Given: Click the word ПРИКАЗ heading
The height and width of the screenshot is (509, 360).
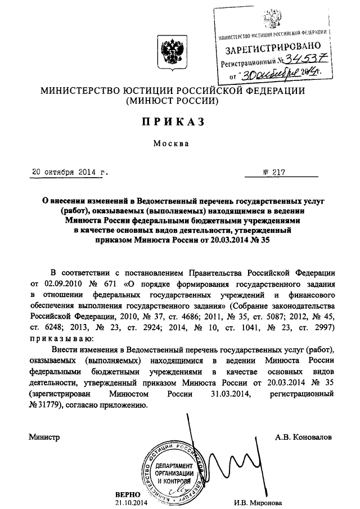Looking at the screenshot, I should click(164, 121).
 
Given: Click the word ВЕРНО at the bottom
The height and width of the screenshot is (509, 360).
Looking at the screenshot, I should click(127, 493).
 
